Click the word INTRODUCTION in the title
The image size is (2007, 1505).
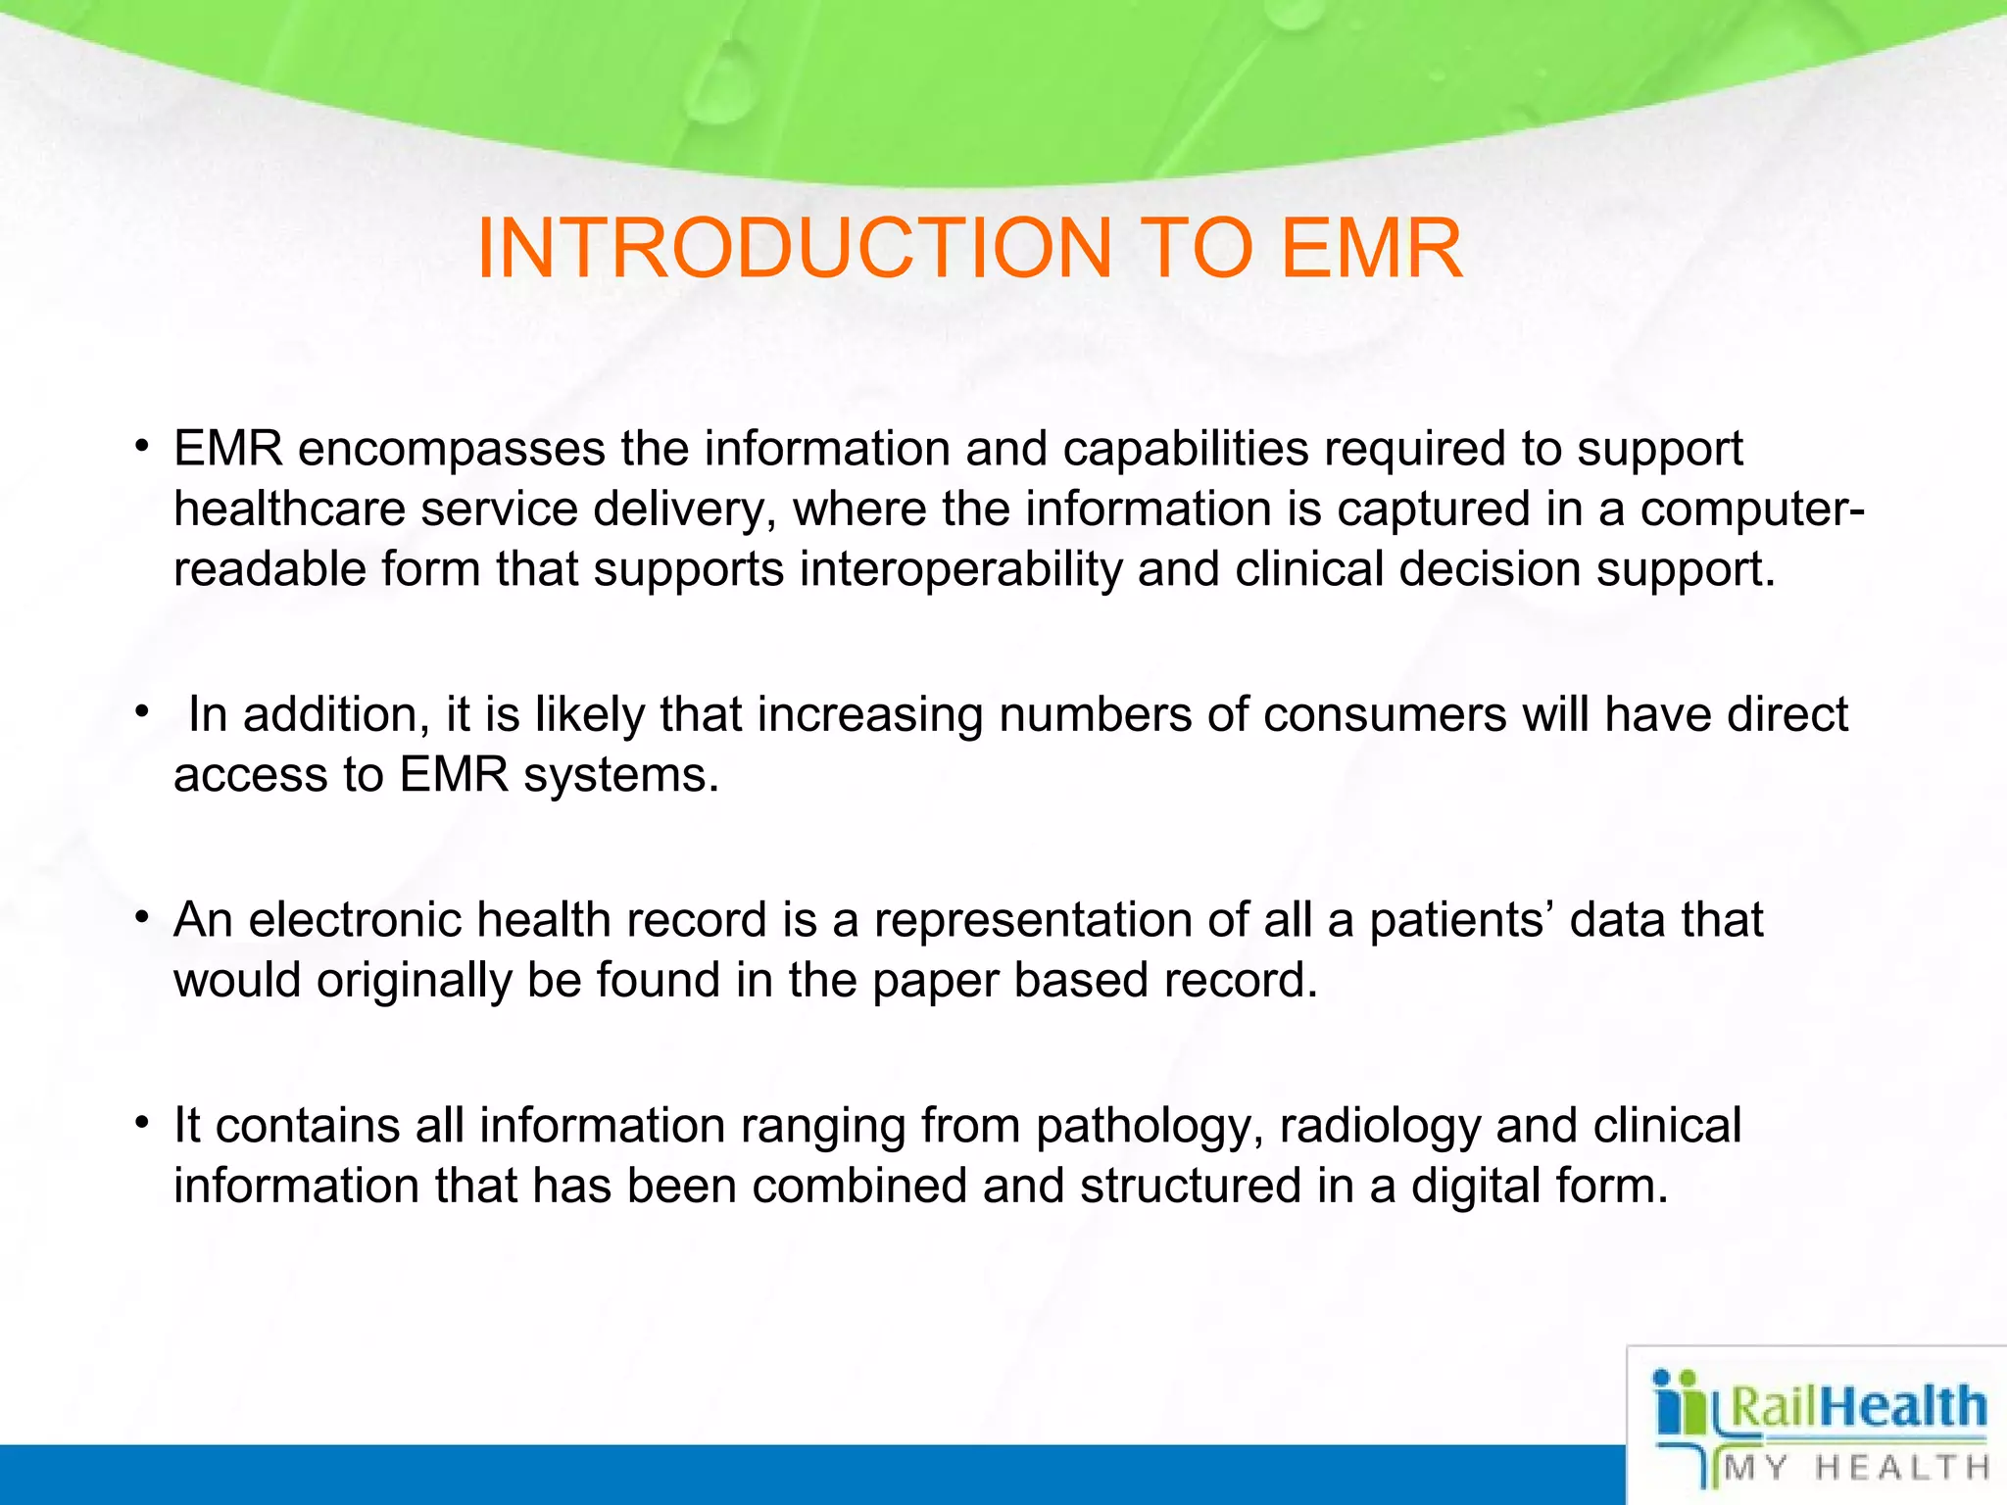[794, 249]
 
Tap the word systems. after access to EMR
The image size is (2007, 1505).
[621, 775]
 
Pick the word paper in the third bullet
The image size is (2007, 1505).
[935, 981]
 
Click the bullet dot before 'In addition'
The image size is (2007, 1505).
[142, 709]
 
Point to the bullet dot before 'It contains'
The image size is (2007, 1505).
[142, 1120]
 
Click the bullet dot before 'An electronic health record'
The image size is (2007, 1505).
[142, 915]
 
